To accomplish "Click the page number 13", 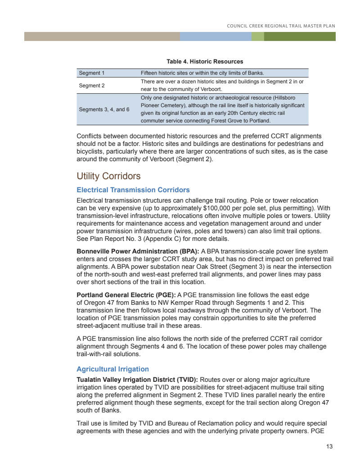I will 329,447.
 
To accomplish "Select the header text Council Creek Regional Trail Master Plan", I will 281,26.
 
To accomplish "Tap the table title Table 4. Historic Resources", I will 205,62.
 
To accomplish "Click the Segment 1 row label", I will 92,73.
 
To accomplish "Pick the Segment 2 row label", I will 92,85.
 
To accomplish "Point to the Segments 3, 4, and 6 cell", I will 104,109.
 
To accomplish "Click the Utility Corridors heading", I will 108,176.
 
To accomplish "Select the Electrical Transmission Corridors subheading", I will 133,190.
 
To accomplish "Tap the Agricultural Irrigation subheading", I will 112,369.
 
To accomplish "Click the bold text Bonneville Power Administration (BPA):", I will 138,251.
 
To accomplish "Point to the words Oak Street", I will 215,267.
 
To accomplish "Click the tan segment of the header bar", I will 102,36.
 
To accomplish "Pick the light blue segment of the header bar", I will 215,36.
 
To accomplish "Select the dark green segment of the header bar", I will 300,36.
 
